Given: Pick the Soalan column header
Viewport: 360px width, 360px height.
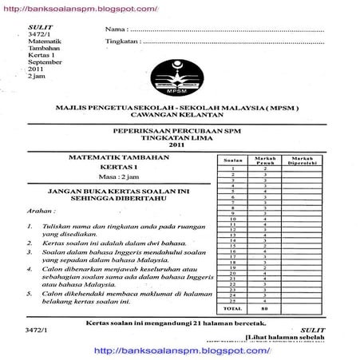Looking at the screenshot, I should tap(231, 160).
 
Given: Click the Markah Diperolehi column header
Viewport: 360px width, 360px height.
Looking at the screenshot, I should tap(306, 160).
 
